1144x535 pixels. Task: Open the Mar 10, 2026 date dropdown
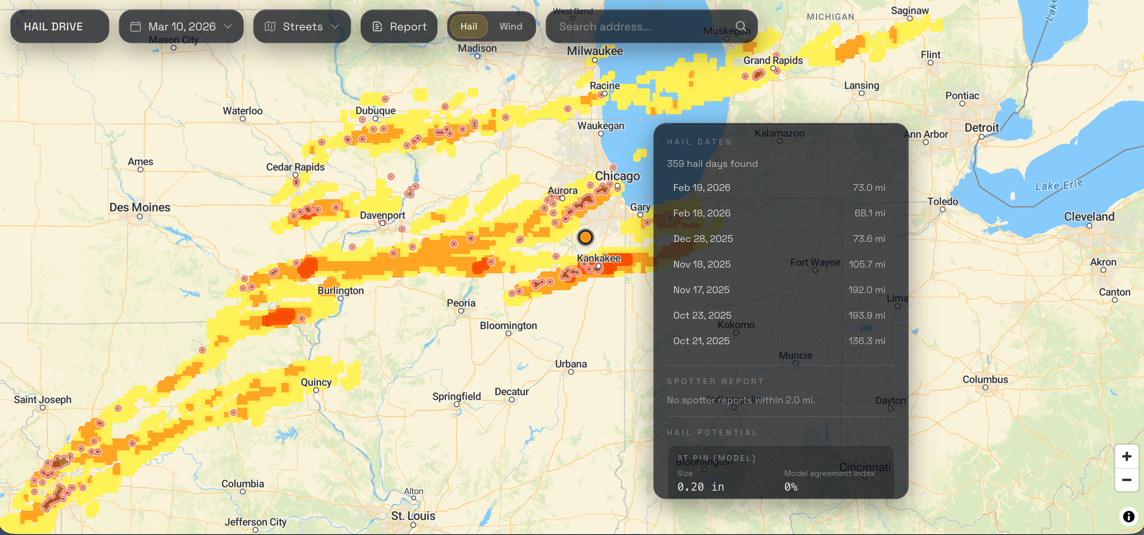pyautogui.click(x=181, y=27)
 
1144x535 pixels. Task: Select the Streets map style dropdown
pyautogui.click(x=302, y=27)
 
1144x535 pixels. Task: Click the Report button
pyautogui.click(x=399, y=27)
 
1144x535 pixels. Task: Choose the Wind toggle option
pyautogui.click(x=510, y=26)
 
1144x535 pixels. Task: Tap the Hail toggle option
pyautogui.click(x=469, y=26)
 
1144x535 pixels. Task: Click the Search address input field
pyautogui.click(x=639, y=27)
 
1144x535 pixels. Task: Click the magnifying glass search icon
pyautogui.click(x=740, y=26)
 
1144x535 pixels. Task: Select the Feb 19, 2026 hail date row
pyautogui.click(x=779, y=188)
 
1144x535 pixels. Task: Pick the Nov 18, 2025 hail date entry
pyautogui.click(x=779, y=264)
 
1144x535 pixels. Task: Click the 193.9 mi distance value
pyautogui.click(x=866, y=315)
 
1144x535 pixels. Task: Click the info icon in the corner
pyautogui.click(x=1128, y=516)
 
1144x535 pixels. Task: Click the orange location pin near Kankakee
pyautogui.click(x=585, y=237)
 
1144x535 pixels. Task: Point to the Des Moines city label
pyautogui.click(x=140, y=208)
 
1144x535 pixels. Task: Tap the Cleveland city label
pyautogui.click(x=1089, y=217)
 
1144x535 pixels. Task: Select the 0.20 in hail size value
pyautogui.click(x=700, y=487)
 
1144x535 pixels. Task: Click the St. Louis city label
pyautogui.click(x=413, y=516)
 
